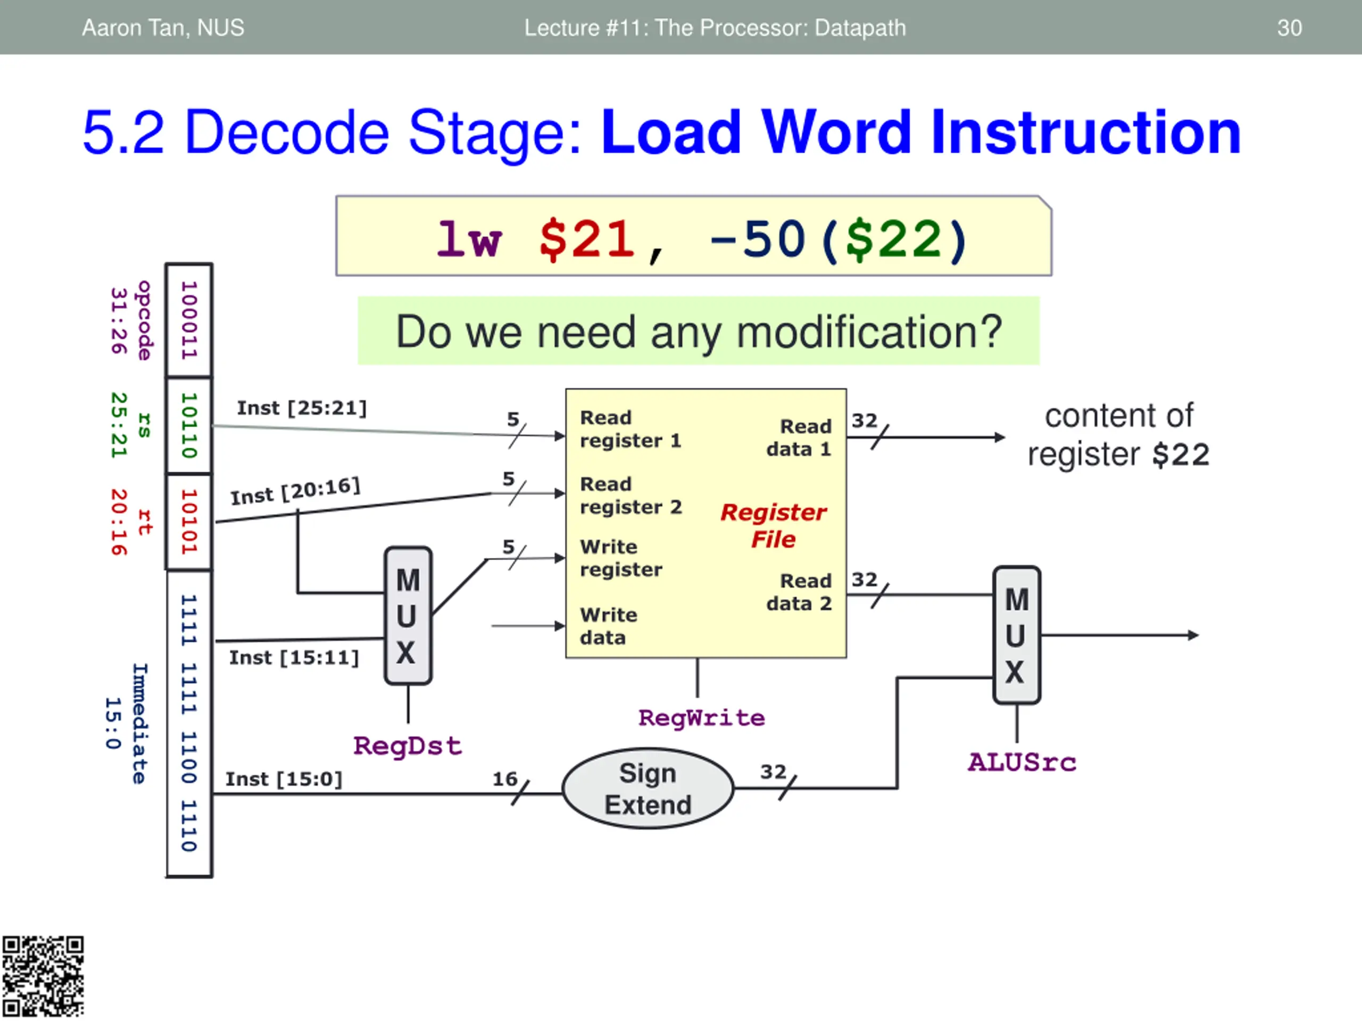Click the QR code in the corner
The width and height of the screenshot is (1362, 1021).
click(x=43, y=976)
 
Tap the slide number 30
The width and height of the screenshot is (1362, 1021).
click(x=1289, y=28)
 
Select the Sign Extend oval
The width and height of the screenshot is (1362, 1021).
click(x=648, y=789)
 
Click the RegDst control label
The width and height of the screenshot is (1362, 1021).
click(x=407, y=746)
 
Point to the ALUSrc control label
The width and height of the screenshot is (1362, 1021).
click(x=1021, y=763)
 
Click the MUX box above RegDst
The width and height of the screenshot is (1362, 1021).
click(x=408, y=616)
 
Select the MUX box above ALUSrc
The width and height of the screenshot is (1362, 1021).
click(x=1017, y=635)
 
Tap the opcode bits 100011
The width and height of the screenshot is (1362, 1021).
click(x=189, y=320)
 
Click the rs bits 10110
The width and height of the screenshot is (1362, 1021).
click(x=189, y=425)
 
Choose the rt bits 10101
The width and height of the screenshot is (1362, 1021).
click(x=189, y=522)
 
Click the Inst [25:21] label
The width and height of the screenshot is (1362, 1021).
click(x=302, y=408)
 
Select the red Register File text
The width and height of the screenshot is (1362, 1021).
click(x=774, y=525)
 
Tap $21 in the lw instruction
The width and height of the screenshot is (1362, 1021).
click(x=586, y=239)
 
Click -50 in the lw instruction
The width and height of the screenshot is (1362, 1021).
click(x=758, y=239)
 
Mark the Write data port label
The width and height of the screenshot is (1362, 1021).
click(x=608, y=626)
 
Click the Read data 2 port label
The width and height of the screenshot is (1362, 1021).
click(x=799, y=592)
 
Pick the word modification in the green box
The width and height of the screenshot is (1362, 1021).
click(x=869, y=332)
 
